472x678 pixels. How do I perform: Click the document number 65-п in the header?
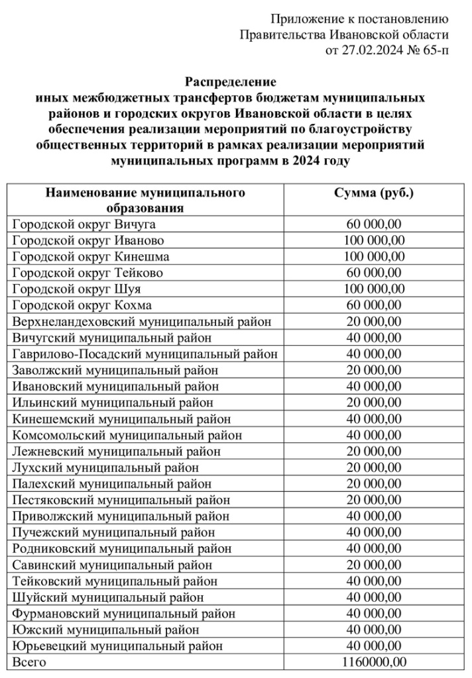(x=429, y=50)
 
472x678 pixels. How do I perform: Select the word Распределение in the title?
(x=229, y=83)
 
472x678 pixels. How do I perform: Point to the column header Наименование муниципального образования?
(x=145, y=200)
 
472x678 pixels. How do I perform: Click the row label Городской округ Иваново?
(x=88, y=240)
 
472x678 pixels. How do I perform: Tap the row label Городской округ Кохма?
(x=82, y=305)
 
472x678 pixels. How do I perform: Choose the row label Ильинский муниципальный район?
(x=113, y=403)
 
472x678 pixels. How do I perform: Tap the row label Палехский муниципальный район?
(x=112, y=483)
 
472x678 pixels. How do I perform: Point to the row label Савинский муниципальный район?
(x=113, y=565)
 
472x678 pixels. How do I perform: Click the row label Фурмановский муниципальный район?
(x=124, y=613)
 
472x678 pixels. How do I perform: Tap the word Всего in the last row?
(x=30, y=661)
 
